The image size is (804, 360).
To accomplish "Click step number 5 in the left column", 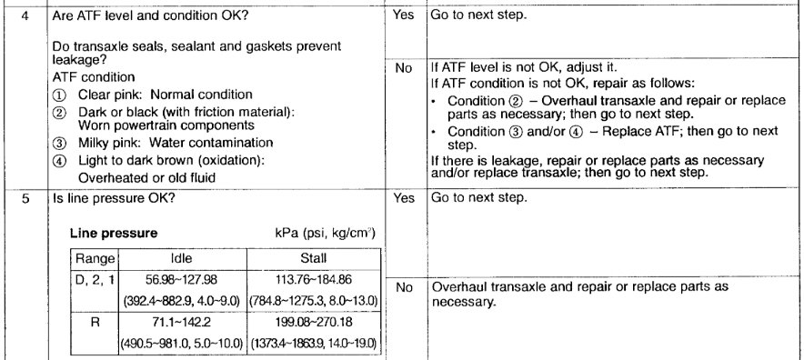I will (x=25, y=197).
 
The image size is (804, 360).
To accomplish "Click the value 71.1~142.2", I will (x=182, y=321).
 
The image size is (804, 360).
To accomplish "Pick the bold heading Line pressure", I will (x=107, y=233).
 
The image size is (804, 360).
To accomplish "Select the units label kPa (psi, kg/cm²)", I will (x=328, y=233).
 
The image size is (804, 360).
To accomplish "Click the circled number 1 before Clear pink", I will (x=60, y=95).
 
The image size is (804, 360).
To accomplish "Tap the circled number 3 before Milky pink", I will (x=60, y=143).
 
